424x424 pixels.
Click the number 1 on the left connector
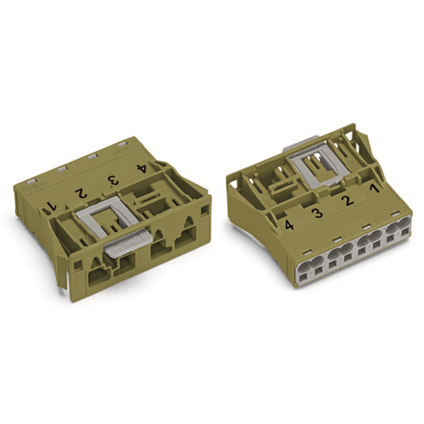[x=52, y=207]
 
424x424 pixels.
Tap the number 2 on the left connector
[x=80, y=193]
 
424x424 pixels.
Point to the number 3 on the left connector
[x=112, y=180]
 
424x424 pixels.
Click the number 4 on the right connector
[x=289, y=225]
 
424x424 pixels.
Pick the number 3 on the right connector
[x=317, y=213]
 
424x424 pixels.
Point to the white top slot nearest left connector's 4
[x=123, y=142]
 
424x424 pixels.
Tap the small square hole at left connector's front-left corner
[x=78, y=265]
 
